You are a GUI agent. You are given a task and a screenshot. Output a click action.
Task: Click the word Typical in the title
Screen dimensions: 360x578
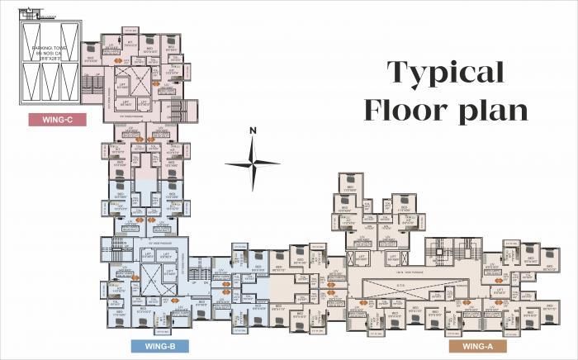click(446, 72)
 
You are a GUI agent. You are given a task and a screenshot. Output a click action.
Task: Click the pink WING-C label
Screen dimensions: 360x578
click(58, 119)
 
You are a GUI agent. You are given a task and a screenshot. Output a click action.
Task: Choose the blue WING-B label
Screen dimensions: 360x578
click(159, 345)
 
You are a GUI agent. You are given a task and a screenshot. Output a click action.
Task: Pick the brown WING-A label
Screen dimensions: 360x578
click(476, 346)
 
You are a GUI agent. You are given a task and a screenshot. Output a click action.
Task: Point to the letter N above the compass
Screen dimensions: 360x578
click(253, 130)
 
